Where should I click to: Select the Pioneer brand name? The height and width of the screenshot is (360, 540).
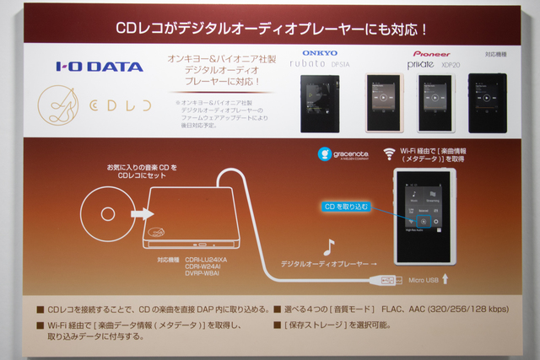click(x=431, y=52)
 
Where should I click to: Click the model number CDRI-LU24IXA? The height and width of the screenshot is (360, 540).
click(x=205, y=259)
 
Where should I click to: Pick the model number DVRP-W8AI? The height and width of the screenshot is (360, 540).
click(x=202, y=273)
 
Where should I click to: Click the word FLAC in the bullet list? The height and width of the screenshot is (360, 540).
click(x=399, y=309)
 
